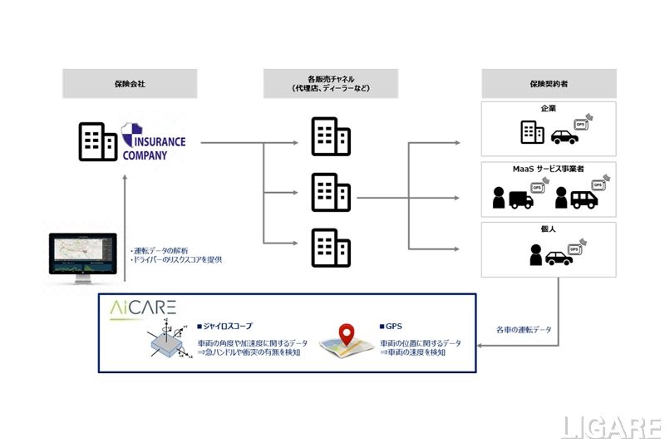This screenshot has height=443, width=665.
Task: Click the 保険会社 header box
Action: [130, 83]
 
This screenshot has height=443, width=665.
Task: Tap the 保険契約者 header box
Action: [549, 83]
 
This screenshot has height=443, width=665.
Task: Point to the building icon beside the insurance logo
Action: [98, 141]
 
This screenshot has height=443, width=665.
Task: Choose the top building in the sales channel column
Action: [325, 136]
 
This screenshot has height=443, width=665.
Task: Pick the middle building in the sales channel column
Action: [325, 192]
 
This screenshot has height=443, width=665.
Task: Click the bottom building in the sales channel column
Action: [325, 247]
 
